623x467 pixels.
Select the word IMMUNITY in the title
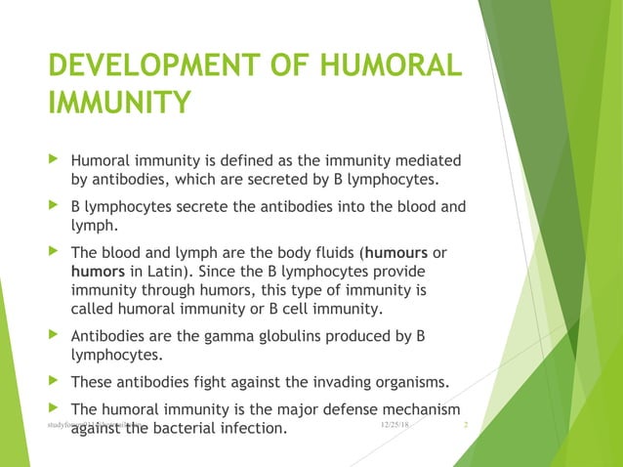click(x=119, y=103)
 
